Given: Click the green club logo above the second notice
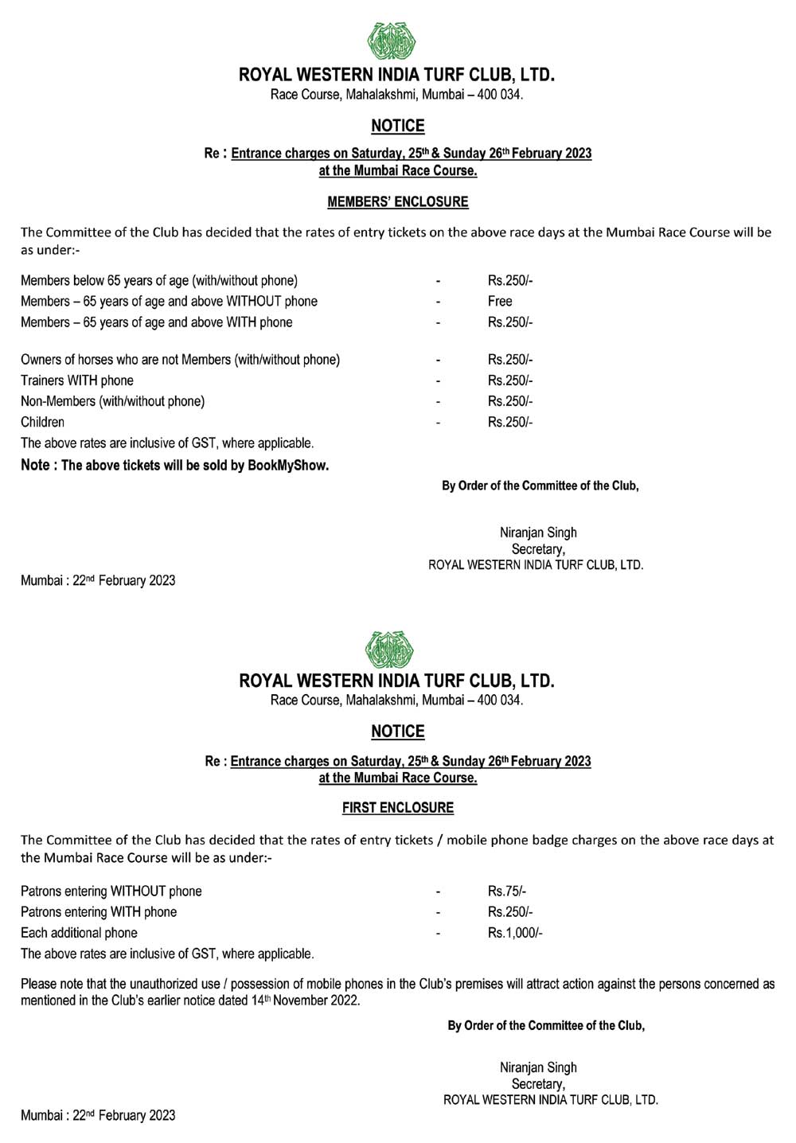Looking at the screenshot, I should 389,649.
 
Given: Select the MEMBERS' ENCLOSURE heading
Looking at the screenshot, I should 397,202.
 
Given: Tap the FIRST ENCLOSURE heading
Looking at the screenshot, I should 397,808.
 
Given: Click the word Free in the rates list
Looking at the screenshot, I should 500,302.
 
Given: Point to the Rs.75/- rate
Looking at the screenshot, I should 507,891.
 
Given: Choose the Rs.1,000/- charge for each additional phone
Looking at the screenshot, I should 515,933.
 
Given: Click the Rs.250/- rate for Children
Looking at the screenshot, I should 510,423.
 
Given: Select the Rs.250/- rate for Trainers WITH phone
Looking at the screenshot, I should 510,381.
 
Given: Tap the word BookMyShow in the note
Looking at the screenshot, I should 287,466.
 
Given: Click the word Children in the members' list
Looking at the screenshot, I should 43,423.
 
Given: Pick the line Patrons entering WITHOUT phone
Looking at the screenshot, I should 111,891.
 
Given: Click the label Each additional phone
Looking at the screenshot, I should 79,933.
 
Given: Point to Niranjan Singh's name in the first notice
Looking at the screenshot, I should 538,532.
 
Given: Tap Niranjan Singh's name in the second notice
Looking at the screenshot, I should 538,1068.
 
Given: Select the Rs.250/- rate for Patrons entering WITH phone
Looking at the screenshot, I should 510,912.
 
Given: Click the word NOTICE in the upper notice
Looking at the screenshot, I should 397,126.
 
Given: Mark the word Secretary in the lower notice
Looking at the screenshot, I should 538,1084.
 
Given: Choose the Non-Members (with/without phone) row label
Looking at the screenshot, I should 112,402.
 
